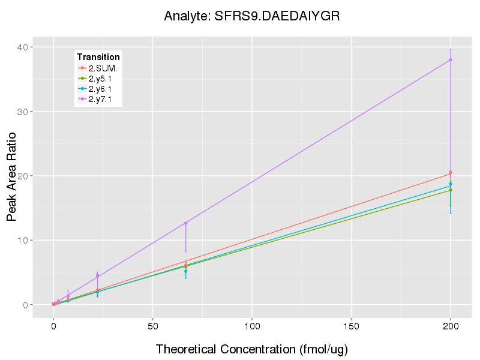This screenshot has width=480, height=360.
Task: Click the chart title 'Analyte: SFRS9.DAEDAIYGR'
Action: point(252,16)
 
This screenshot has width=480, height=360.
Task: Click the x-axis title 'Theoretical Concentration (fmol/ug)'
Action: point(252,349)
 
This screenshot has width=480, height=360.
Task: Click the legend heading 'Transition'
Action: point(98,57)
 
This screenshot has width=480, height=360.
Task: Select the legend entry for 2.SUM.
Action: point(103,68)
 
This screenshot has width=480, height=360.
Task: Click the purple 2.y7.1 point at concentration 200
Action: point(451,59)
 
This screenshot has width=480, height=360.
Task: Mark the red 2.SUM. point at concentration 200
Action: point(451,173)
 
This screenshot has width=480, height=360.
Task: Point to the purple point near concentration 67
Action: point(186,223)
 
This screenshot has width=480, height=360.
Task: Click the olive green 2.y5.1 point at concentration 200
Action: point(451,190)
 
